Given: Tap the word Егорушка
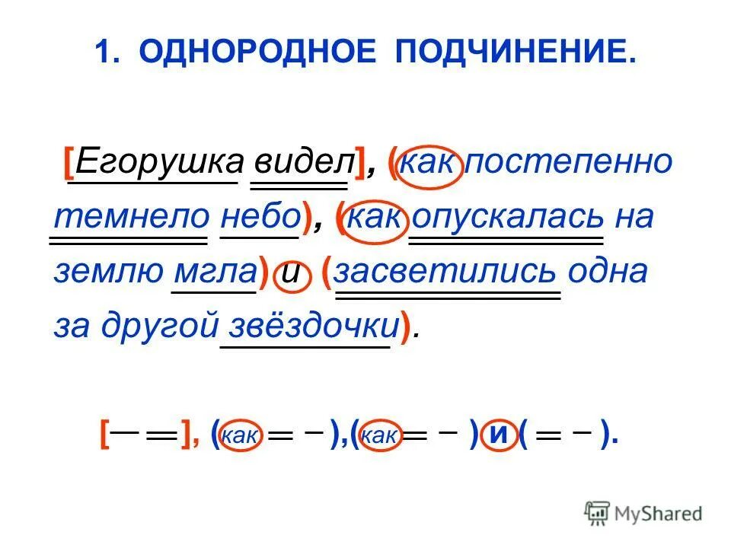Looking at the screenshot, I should (159, 161).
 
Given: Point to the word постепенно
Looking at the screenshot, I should (569, 161).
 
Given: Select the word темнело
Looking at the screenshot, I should (130, 217).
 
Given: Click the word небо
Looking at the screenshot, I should (260, 217).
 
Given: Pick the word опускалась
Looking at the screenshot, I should (508, 217).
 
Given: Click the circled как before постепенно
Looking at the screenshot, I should (431, 162).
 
